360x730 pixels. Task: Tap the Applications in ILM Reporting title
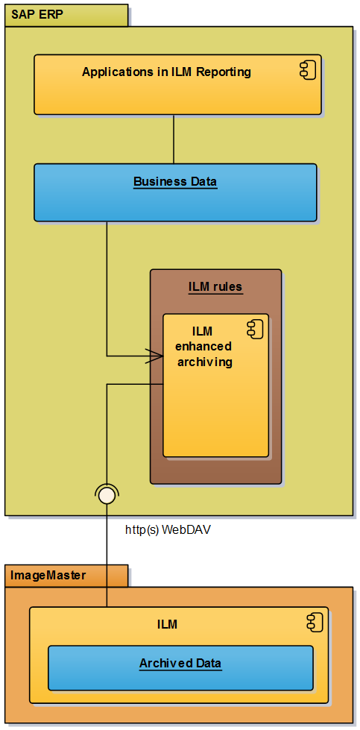click(x=166, y=72)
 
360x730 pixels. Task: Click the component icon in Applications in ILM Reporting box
click(x=307, y=71)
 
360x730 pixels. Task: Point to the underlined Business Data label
click(x=175, y=181)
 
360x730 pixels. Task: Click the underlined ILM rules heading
click(x=215, y=286)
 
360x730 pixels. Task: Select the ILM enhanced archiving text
click(x=203, y=347)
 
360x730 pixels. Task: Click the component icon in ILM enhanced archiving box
click(x=254, y=328)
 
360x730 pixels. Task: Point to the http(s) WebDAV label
click(x=168, y=530)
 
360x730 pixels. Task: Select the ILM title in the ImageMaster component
click(x=168, y=624)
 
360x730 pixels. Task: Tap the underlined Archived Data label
click(x=180, y=663)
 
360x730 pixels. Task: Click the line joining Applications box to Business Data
click(x=174, y=139)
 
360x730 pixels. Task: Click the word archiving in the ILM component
click(x=205, y=362)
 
